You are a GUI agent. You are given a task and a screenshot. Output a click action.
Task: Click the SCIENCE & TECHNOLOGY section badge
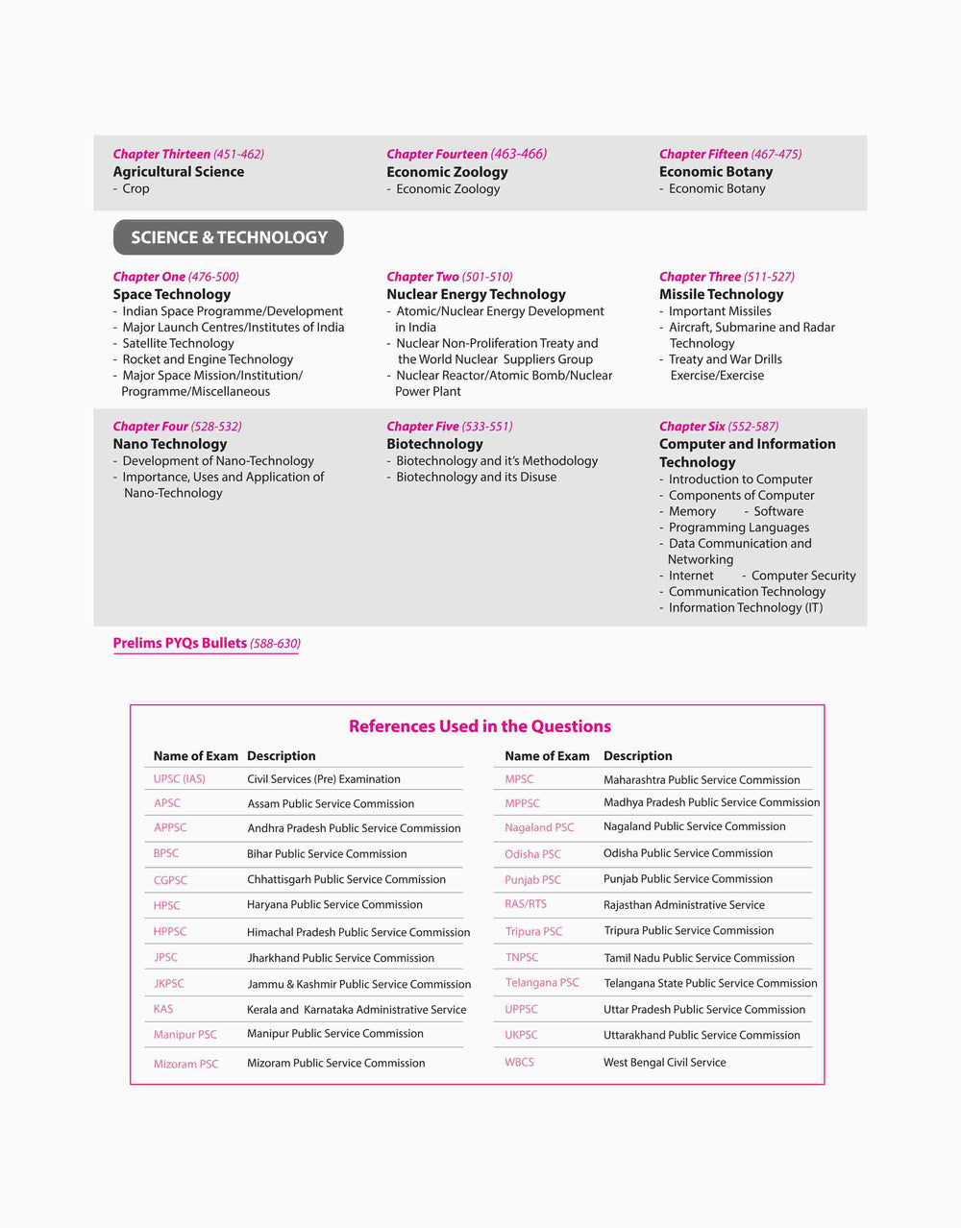(229, 237)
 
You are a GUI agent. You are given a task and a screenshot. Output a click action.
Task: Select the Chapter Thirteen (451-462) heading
(188, 154)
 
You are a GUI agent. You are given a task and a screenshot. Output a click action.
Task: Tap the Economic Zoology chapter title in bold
(447, 172)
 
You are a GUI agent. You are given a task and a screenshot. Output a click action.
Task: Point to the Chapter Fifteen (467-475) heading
(729, 154)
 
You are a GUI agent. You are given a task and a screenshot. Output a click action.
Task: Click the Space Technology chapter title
(172, 294)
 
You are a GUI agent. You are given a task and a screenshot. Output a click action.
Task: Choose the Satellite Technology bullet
(178, 343)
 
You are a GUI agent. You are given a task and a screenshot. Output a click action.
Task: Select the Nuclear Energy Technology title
(476, 294)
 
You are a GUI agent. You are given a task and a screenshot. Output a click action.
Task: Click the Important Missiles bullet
(720, 311)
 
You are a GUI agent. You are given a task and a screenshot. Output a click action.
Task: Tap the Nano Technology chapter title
(170, 444)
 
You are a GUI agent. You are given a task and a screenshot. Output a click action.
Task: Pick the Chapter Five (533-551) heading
(450, 427)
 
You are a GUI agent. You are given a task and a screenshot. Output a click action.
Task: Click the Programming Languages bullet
(739, 528)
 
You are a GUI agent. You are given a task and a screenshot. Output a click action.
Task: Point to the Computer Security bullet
(803, 576)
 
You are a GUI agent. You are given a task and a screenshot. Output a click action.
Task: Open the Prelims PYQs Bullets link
(207, 643)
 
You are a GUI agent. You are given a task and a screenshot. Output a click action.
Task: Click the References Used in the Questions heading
(480, 726)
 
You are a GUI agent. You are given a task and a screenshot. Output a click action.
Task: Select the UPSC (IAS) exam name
(180, 779)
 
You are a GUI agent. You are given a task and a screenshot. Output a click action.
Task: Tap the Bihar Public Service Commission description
(327, 853)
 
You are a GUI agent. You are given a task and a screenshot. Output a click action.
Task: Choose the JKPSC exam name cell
(169, 984)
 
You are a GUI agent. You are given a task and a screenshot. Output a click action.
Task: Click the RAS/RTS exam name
(526, 904)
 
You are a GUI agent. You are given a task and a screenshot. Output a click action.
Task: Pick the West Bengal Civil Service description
(664, 1062)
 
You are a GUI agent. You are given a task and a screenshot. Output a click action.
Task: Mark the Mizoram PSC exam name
(186, 1064)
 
